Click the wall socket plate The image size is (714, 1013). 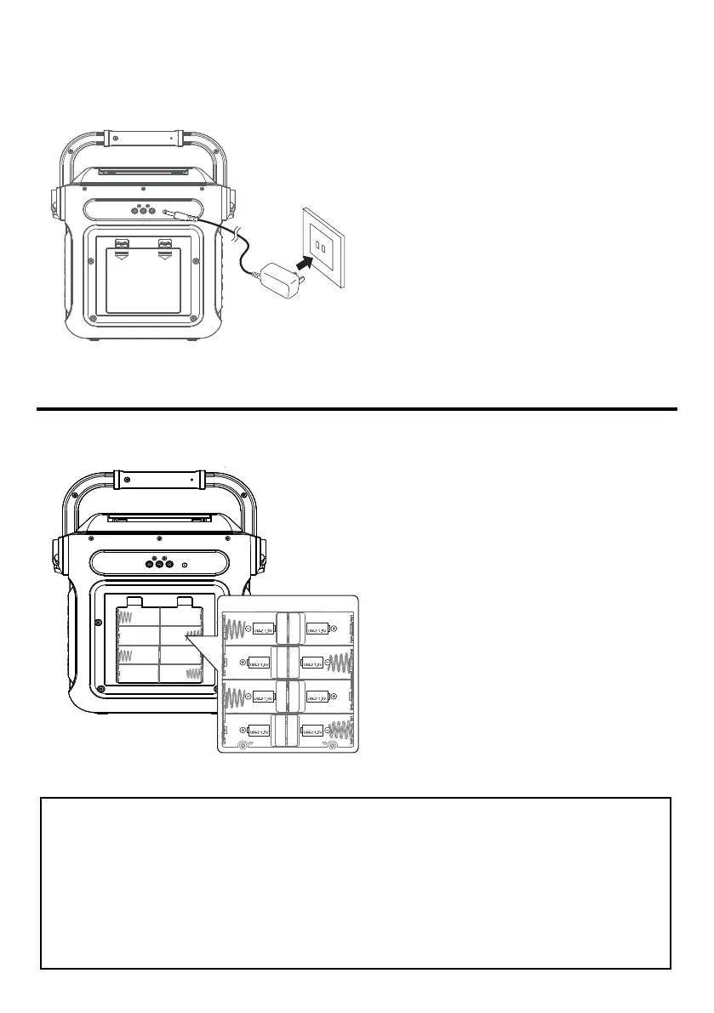pos(323,247)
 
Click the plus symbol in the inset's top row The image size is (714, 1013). pos(334,629)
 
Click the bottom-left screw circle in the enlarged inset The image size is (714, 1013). pos(243,745)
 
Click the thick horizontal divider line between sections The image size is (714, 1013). pos(357,410)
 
